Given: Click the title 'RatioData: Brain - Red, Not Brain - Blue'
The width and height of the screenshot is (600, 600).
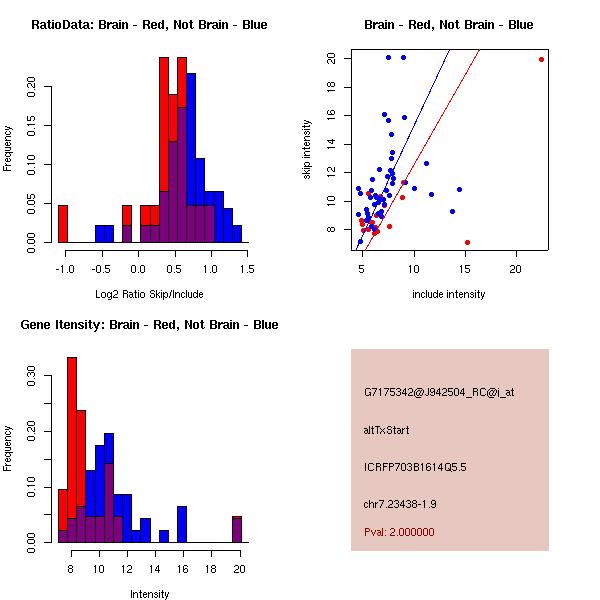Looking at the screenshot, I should click(x=149, y=25).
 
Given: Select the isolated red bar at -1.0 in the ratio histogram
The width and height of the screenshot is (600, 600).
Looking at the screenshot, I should click(x=63, y=223).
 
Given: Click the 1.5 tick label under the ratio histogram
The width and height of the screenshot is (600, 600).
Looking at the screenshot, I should click(x=247, y=268).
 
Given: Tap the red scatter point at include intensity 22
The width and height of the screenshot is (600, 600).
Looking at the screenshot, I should click(x=541, y=59).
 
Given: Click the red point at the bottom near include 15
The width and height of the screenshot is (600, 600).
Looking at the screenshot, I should click(x=467, y=242).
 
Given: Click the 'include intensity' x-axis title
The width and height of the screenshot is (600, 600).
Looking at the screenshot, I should click(x=449, y=294).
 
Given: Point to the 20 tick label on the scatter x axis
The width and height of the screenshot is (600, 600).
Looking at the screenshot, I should click(x=515, y=268).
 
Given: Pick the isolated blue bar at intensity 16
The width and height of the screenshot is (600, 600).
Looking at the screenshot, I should click(x=182, y=524).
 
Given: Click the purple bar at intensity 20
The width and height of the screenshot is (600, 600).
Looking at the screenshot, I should click(x=237, y=529).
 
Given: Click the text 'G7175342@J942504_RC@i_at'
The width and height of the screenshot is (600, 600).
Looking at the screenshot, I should click(x=439, y=393).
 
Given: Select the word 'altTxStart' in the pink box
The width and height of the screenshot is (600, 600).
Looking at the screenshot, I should click(x=387, y=430).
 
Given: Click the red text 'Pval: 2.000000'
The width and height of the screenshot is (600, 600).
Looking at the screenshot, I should click(x=399, y=532).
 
